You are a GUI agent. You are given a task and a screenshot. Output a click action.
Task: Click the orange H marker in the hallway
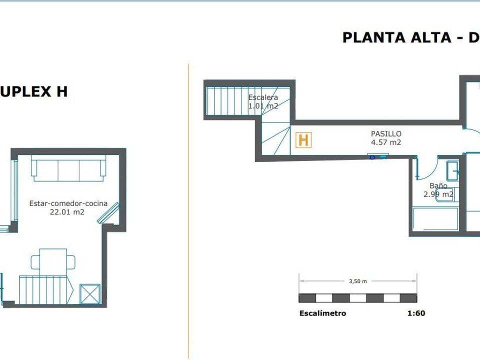303,140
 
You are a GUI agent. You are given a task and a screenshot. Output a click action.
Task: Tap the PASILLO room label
385,134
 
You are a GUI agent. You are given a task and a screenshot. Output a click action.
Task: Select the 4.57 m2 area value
385,142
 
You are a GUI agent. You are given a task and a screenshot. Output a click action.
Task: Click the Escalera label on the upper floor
263,97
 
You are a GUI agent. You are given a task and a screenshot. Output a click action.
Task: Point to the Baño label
438,185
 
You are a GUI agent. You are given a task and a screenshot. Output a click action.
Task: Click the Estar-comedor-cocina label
68,203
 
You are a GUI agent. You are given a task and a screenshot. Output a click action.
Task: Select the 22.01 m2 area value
66,212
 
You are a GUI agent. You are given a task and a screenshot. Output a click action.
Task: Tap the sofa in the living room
68,168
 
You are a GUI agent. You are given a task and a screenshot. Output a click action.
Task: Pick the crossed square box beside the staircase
90,294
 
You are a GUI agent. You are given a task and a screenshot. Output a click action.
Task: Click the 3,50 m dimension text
358,281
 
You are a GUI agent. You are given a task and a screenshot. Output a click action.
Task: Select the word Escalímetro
322,313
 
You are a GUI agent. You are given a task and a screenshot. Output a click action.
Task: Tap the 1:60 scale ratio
416,313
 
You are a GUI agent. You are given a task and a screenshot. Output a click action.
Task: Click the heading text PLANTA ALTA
396,37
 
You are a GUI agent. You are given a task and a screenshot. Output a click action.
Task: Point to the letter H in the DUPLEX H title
61,91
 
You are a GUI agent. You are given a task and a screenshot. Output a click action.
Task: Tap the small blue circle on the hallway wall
372,157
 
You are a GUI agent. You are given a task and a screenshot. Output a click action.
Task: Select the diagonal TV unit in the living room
108,212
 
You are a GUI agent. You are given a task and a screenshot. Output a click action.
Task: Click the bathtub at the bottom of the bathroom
435,219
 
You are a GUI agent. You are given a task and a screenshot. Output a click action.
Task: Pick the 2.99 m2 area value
438,194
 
